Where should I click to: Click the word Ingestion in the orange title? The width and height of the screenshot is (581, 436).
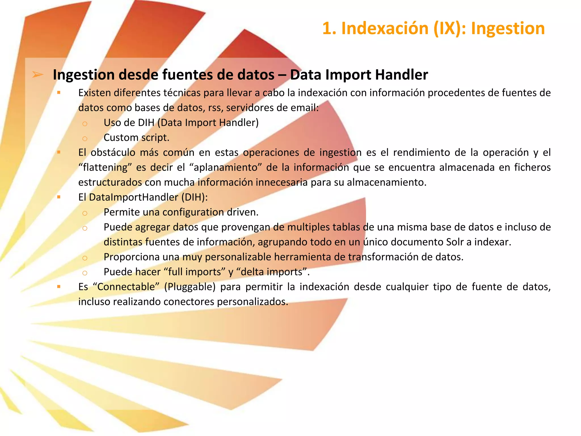508,29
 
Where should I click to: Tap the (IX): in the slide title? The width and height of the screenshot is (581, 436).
450,29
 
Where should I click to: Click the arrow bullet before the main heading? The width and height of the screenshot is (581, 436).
38,75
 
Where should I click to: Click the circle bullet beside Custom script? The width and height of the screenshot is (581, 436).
85,139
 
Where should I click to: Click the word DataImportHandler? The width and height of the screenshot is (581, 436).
133,197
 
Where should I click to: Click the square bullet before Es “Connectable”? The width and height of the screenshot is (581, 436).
59,287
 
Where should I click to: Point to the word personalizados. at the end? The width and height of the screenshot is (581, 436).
252,302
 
